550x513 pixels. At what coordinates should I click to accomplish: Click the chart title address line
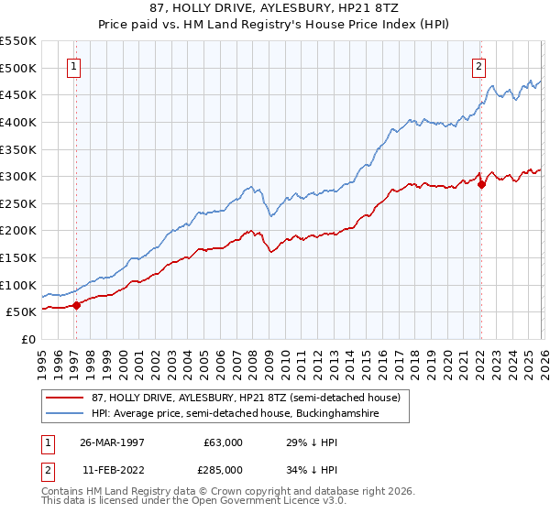274,7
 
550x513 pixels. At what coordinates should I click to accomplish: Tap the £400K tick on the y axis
18,122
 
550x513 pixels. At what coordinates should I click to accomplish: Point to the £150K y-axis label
18,258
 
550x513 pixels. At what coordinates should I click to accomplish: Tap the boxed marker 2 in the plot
478,66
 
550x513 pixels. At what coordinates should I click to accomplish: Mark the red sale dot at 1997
77,305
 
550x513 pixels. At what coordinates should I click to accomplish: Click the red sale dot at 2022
481,184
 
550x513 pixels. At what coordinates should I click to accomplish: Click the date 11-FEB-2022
110,469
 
